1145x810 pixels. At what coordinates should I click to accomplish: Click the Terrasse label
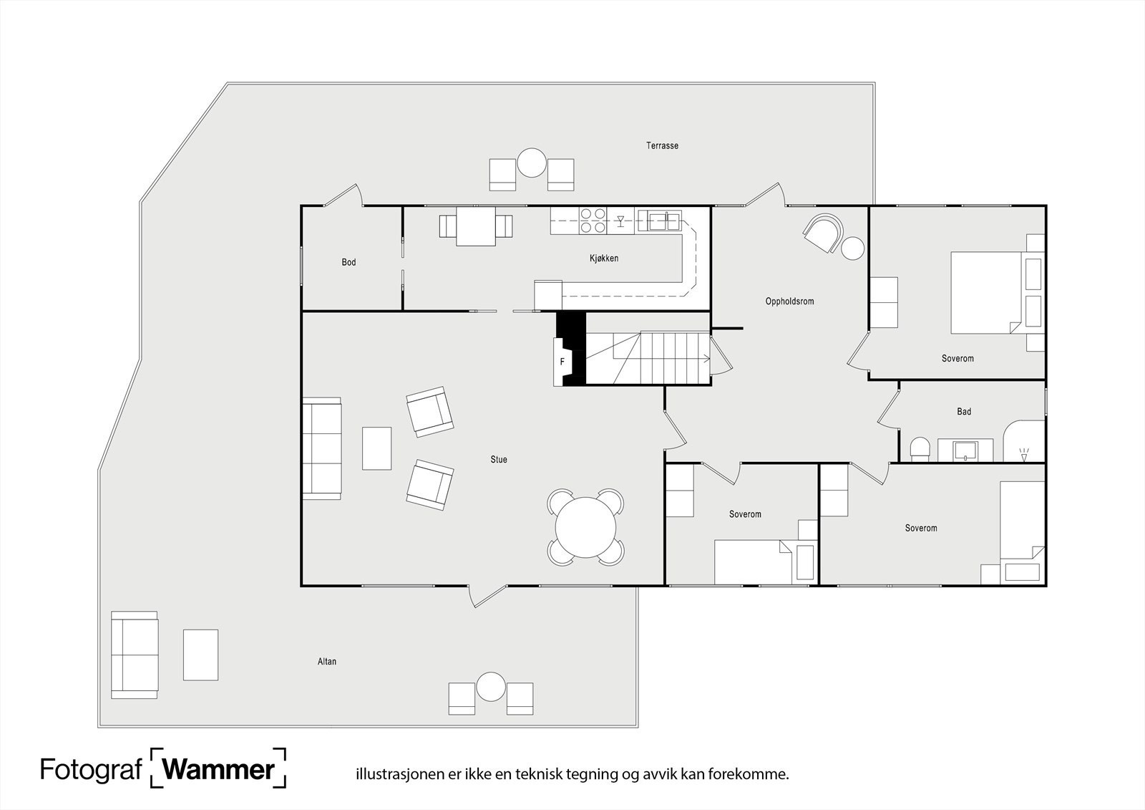pyautogui.click(x=662, y=146)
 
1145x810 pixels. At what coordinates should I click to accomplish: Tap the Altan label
pyautogui.click(x=327, y=662)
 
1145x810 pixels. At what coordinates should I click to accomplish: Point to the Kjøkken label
pyautogui.click(x=604, y=259)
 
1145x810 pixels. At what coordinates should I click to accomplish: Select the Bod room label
pyautogui.click(x=349, y=263)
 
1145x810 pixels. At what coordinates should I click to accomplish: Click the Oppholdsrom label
pyautogui.click(x=789, y=302)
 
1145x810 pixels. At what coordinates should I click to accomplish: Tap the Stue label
pyautogui.click(x=498, y=460)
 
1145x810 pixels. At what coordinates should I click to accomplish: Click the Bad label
pyautogui.click(x=963, y=411)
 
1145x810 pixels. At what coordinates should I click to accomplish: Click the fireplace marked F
pyautogui.click(x=562, y=362)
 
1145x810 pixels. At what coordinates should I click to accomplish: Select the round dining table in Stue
pyautogui.click(x=586, y=528)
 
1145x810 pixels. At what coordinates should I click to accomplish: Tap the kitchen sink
pyautogui.click(x=665, y=221)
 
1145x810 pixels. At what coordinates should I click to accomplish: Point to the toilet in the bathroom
pyautogui.click(x=920, y=449)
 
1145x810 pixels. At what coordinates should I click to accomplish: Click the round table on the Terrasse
pyautogui.click(x=532, y=163)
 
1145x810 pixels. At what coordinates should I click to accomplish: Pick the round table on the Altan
pyautogui.click(x=491, y=687)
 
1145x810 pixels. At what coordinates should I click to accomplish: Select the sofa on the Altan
pyautogui.click(x=135, y=655)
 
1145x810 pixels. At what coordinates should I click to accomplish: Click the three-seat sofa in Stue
pyautogui.click(x=322, y=448)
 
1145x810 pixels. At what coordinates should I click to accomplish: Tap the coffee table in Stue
pyautogui.click(x=376, y=448)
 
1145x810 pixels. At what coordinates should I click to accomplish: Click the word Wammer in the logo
pyautogui.click(x=219, y=770)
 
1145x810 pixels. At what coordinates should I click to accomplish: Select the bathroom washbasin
pyautogui.click(x=965, y=450)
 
